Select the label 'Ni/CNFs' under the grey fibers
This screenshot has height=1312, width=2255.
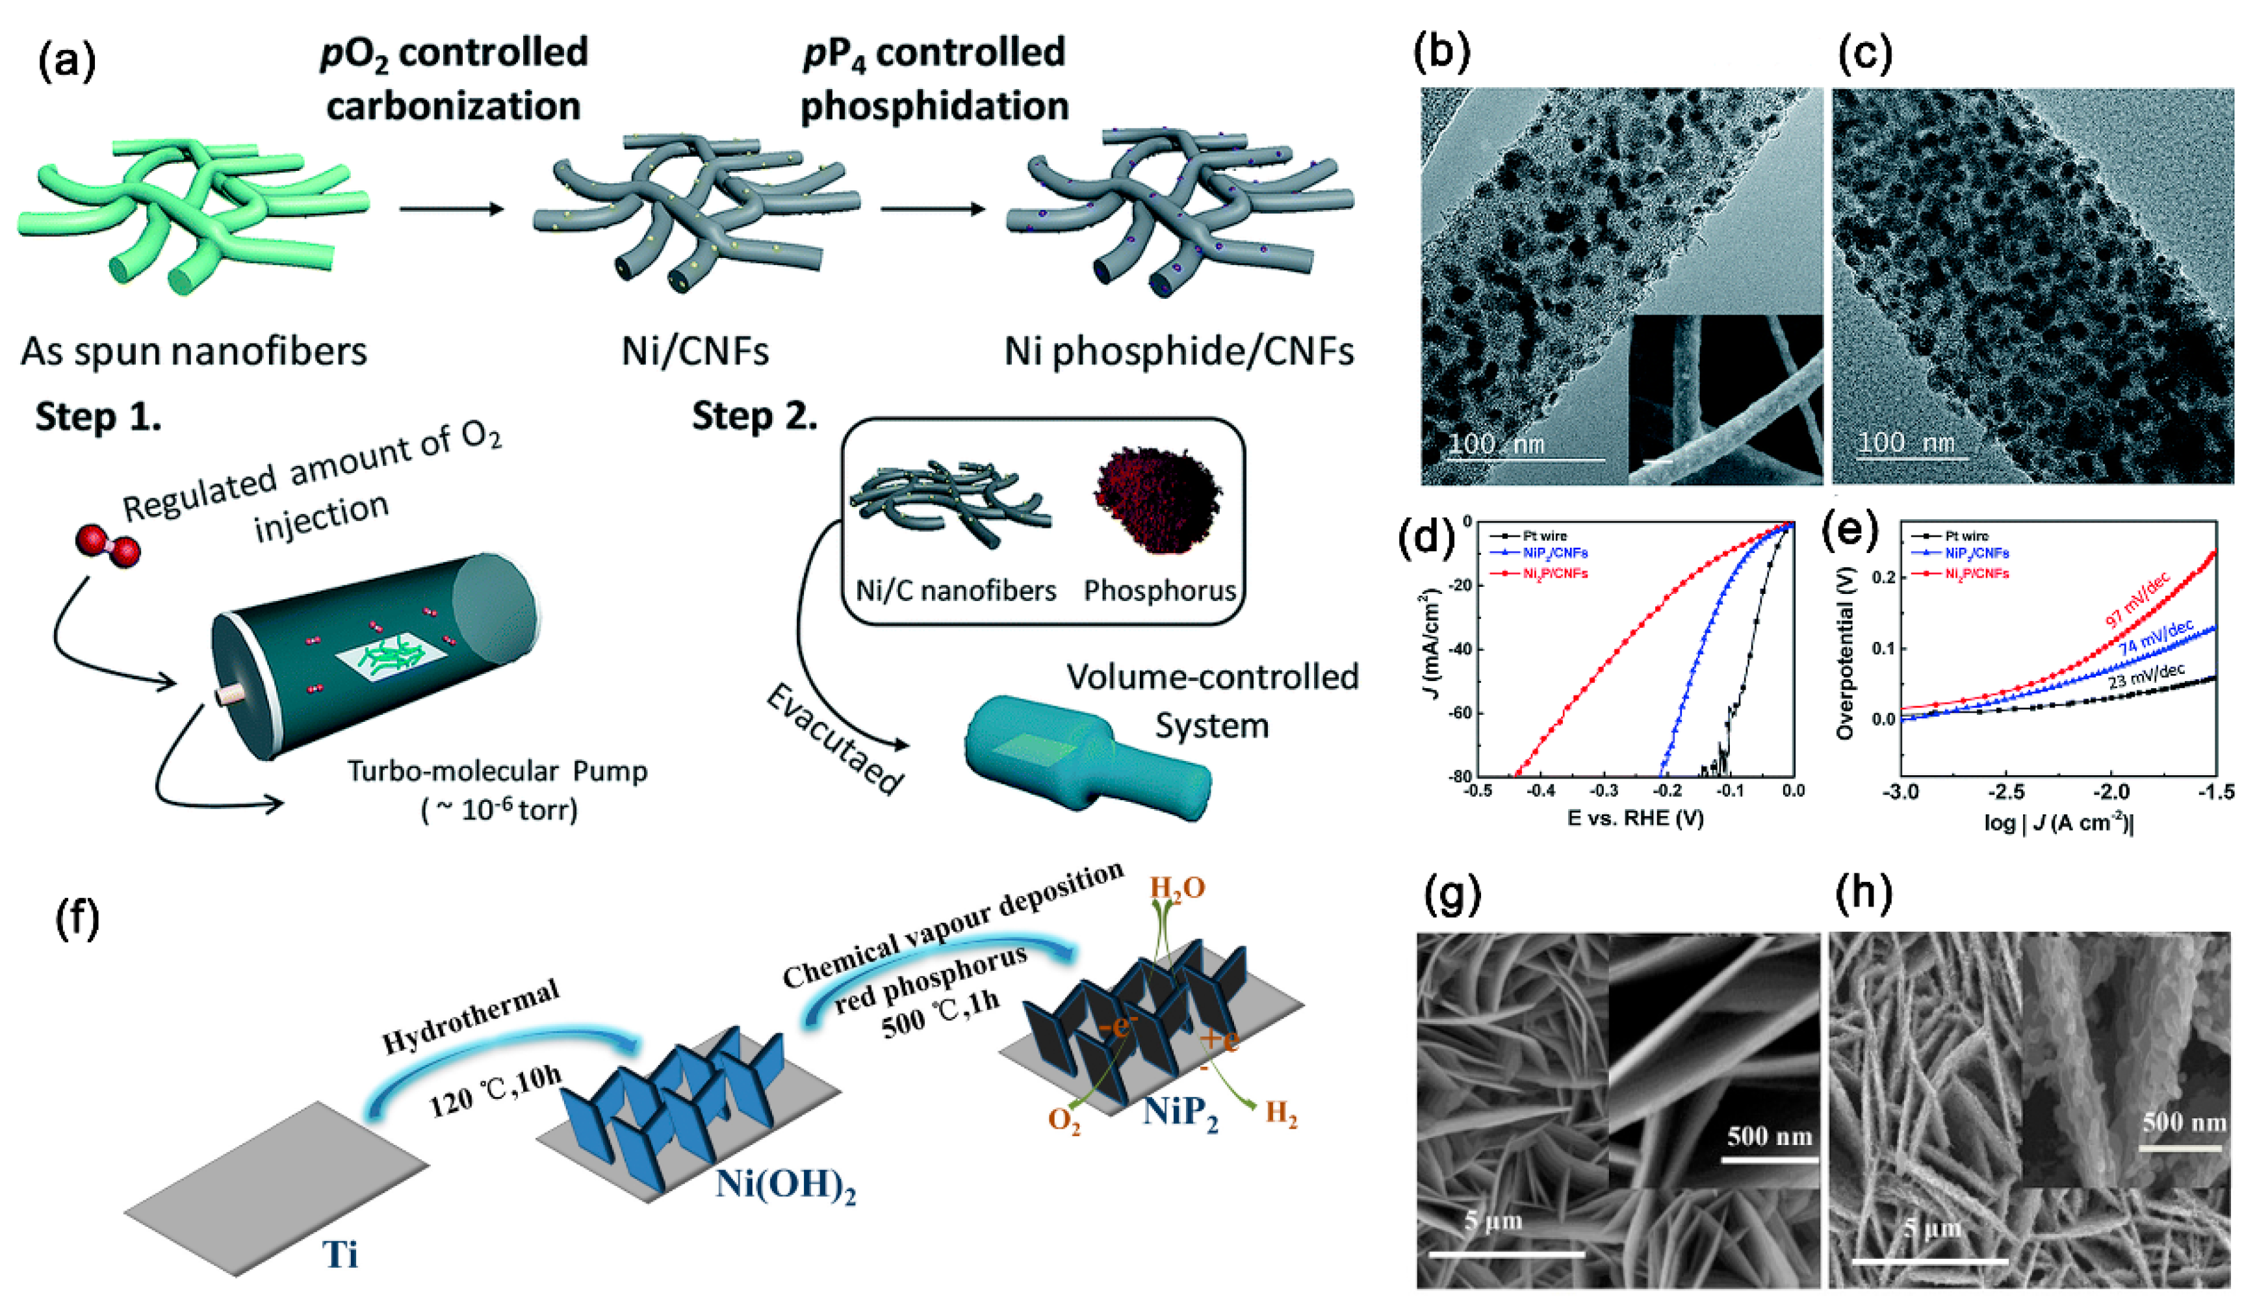695,351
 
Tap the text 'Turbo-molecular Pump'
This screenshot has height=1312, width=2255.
496,771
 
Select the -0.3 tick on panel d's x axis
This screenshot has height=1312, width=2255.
1604,791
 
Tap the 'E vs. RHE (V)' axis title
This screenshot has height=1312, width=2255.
1635,818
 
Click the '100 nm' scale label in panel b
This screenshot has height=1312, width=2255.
1496,443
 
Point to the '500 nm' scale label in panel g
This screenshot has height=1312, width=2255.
1769,1136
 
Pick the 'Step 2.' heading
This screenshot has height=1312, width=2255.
754,417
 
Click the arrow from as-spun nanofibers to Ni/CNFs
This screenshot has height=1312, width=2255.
452,209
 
